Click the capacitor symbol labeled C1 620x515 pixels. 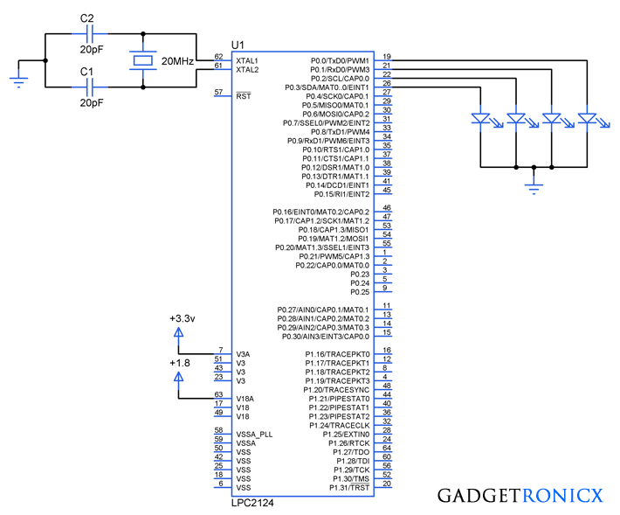click(x=86, y=87)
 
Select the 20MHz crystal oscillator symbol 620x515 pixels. click(x=143, y=60)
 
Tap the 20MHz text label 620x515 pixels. click(x=178, y=61)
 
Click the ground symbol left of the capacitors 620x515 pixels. click(x=18, y=80)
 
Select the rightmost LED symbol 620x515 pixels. click(x=589, y=118)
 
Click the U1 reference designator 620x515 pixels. click(x=238, y=44)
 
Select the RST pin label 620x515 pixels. click(x=244, y=95)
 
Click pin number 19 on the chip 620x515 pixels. click(x=386, y=56)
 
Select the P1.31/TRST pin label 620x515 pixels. click(x=348, y=487)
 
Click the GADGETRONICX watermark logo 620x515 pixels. click(x=520, y=496)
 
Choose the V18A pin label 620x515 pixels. click(x=245, y=398)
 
